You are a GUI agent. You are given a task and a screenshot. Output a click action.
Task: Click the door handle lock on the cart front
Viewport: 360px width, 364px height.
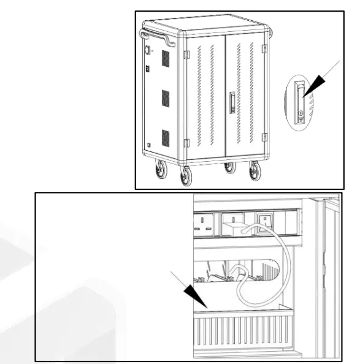click(x=232, y=102)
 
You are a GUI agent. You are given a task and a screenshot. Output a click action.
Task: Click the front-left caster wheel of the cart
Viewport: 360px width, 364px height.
click(x=185, y=176)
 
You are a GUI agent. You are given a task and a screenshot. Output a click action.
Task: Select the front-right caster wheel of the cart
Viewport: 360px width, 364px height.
click(x=255, y=171)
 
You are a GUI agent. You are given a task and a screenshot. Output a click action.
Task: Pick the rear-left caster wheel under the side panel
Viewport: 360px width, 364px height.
click(x=161, y=169)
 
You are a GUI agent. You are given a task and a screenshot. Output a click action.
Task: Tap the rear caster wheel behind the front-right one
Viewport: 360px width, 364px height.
click(x=229, y=166)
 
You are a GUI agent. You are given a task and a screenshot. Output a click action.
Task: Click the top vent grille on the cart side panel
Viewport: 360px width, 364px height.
click(x=165, y=59)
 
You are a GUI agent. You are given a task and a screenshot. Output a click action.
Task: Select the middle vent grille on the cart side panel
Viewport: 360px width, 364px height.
click(x=165, y=98)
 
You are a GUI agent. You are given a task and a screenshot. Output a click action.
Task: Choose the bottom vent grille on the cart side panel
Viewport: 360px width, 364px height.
click(x=165, y=138)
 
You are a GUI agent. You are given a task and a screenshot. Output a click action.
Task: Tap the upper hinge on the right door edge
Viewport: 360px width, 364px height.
click(x=264, y=48)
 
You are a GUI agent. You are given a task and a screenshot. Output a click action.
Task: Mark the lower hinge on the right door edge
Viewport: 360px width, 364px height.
click(x=264, y=137)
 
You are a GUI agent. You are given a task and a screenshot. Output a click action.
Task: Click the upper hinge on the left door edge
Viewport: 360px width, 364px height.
click(x=186, y=54)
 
